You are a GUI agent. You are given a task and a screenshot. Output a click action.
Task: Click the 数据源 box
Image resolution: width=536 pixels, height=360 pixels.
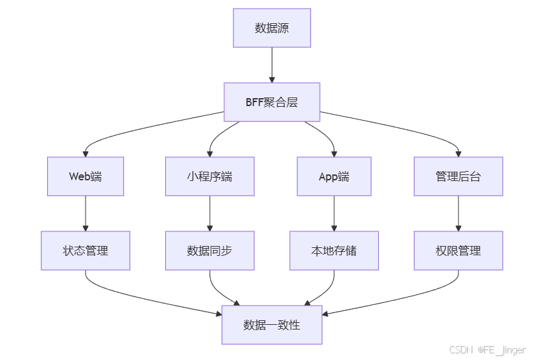[272, 28]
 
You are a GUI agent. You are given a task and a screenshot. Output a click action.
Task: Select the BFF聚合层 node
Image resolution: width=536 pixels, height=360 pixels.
[272, 102]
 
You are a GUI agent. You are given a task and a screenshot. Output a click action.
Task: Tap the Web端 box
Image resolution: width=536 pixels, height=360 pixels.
[86, 176]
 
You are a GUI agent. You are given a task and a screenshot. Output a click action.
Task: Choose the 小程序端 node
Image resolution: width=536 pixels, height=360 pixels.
[210, 176]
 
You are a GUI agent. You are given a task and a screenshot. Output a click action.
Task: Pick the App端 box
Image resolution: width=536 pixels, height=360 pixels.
[334, 176]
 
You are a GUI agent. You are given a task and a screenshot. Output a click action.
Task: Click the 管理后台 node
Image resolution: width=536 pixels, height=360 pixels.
[458, 176]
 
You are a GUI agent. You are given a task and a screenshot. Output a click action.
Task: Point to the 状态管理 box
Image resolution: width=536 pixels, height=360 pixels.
[86, 251]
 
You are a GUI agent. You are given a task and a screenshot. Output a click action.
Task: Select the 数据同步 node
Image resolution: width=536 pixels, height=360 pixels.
[210, 251]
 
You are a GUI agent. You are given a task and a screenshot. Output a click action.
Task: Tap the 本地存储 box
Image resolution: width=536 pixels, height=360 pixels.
[334, 251]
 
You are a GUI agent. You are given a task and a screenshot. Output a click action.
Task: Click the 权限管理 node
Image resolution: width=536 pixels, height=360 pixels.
[458, 251]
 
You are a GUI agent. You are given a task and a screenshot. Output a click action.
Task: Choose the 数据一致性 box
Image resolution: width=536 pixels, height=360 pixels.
[272, 325]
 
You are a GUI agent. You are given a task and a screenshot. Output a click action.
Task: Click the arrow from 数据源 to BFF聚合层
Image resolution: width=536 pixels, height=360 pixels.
[272, 64]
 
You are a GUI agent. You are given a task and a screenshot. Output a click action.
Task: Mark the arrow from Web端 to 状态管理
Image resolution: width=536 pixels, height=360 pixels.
[86, 213]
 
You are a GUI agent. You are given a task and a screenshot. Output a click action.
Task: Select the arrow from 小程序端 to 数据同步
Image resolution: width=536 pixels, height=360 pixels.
[210, 213]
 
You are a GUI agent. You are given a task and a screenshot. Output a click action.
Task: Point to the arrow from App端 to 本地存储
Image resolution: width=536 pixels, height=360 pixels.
[334, 213]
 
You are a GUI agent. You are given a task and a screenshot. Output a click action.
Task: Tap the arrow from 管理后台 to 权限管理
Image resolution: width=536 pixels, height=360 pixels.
[458, 213]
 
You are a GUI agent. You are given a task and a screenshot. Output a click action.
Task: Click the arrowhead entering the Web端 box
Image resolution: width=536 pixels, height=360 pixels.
[86, 153]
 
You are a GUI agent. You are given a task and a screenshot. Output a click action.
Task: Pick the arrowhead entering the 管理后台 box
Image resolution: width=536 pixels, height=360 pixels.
[458, 153]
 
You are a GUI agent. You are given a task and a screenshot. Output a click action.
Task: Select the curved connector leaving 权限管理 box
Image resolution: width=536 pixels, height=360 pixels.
[438, 292]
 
